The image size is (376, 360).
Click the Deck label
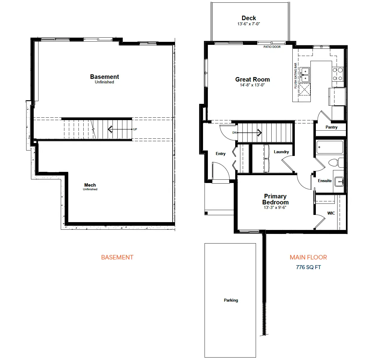[x=249, y=18]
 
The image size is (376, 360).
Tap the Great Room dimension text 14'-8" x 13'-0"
[x=252, y=85]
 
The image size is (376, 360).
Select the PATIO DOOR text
[x=272, y=47]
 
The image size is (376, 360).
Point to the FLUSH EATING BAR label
[x=295, y=76]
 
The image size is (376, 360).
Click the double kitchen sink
[x=305, y=75]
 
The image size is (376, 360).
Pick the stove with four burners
[x=338, y=74]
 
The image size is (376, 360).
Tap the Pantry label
[x=331, y=127]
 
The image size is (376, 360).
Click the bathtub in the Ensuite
[x=330, y=147]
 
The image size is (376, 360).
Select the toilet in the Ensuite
[x=336, y=163]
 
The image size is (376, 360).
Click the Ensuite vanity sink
[x=339, y=182]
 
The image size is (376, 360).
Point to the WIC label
[x=331, y=213]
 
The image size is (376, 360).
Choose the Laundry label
[x=281, y=152]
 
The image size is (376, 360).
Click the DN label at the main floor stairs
[x=234, y=133]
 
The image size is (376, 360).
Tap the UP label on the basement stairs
[x=135, y=129]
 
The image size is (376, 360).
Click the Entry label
[x=220, y=154]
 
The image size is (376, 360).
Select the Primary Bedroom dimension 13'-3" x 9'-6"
[x=275, y=207]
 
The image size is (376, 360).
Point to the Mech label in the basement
[x=90, y=185]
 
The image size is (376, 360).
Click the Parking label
[x=231, y=300]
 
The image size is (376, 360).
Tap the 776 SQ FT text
[x=308, y=267]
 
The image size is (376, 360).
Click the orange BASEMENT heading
[x=117, y=257]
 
